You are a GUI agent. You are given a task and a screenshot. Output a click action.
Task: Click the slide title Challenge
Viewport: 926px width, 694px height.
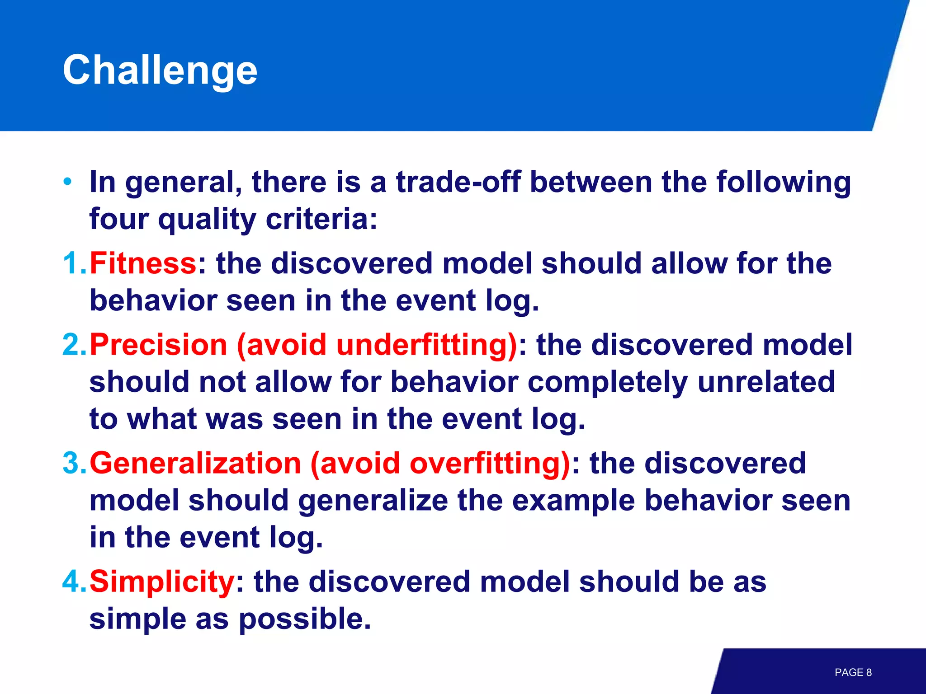160,70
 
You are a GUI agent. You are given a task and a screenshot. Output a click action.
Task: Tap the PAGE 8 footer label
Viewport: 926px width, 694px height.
853,672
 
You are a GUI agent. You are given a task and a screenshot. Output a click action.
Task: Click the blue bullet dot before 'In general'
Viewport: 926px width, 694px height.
67,182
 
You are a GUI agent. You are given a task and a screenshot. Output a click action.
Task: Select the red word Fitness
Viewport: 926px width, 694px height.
143,263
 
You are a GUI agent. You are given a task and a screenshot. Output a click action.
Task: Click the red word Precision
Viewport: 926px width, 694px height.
158,345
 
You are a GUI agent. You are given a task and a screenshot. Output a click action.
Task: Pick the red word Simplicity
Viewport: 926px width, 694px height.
161,581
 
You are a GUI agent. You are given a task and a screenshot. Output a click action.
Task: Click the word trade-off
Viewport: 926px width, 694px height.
458,182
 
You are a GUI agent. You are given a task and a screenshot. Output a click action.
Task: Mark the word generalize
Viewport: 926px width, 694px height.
373,501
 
